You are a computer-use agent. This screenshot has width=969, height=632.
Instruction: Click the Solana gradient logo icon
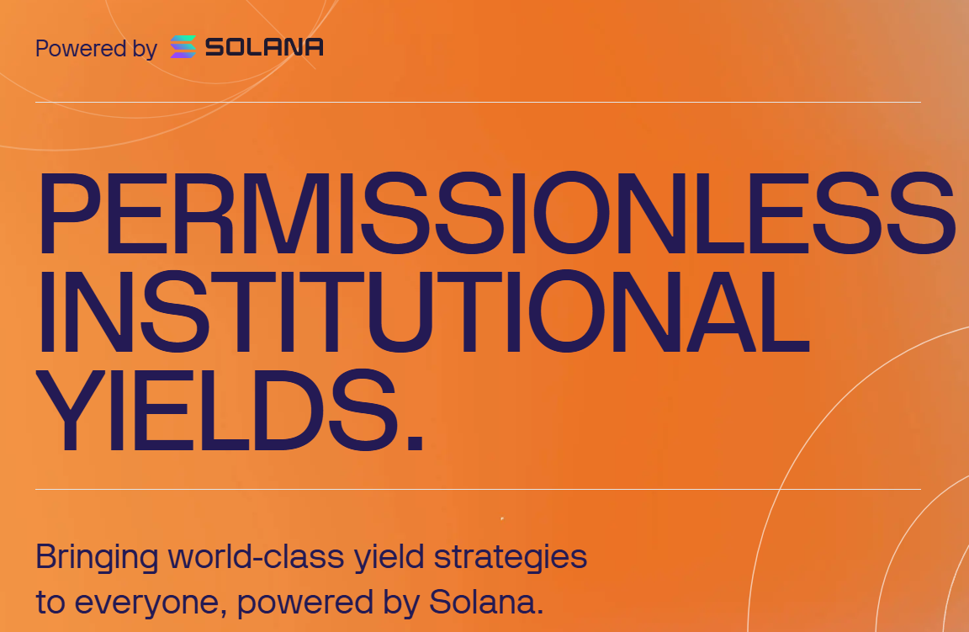[183, 47]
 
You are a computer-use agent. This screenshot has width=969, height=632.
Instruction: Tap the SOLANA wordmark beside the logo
[264, 47]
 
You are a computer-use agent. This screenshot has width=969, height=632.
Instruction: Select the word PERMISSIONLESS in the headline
[497, 214]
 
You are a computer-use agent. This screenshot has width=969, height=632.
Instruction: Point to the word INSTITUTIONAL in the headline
[423, 311]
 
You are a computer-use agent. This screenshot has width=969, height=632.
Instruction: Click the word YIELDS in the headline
[217, 410]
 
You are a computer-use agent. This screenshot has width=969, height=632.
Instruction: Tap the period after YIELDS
[416, 442]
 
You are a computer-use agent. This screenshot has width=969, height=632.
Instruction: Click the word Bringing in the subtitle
[97, 558]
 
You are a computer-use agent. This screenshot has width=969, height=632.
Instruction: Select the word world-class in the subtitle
[256, 556]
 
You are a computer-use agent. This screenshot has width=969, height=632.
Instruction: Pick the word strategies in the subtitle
[511, 558]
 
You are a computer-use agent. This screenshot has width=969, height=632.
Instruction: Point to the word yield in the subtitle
[389, 558]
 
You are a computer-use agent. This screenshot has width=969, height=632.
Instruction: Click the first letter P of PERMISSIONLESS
[69, 214]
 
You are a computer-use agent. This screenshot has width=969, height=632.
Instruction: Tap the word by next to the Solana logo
[145, 48]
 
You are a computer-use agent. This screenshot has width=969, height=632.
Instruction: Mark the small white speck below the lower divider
[502, 518]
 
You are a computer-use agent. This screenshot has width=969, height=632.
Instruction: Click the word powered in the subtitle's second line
[305, 603]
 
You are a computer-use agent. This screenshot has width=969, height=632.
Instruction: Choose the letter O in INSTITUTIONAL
[567, 311]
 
